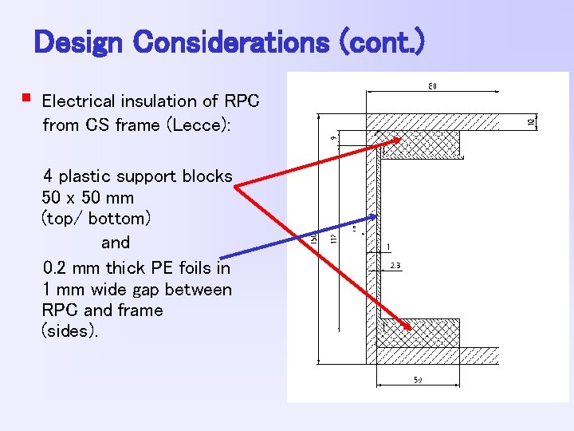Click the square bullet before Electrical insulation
click(26, 100)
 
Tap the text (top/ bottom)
click(96, 218)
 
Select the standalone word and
click(116, 241)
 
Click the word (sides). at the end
click(70, 331)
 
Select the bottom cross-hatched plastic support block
click(418, 332)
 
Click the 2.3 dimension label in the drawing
click(395, 266)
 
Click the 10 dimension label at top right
click(531, 121)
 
